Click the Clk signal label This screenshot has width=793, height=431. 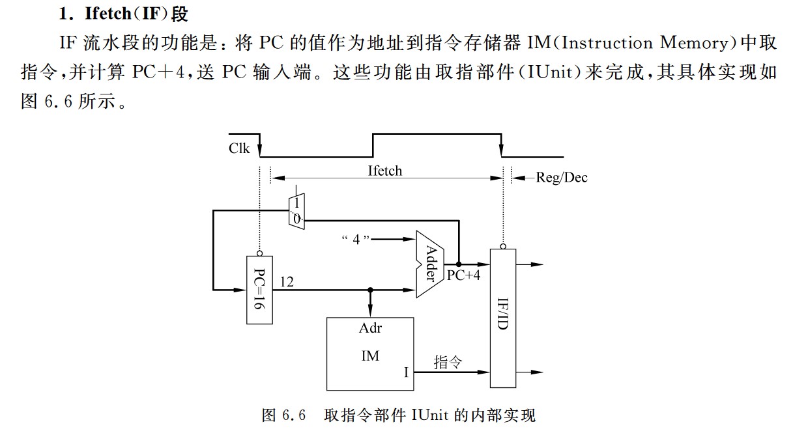point(239,148)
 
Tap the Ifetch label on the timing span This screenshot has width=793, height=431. point(385,171)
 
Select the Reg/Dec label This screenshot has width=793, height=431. point(561,178)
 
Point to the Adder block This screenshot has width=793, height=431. point(430,264)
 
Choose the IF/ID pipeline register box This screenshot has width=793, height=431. point(502,318)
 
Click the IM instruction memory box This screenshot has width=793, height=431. point(370,354)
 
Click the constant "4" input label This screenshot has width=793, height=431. point(356,239)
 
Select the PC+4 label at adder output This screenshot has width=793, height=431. point(463,275)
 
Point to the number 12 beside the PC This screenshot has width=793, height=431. point(287,281)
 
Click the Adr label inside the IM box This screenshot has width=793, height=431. point(370,328)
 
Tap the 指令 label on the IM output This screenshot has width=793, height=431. point(448,362)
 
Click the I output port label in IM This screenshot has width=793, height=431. point(406,372)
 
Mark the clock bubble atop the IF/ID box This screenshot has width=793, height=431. point(502,246)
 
